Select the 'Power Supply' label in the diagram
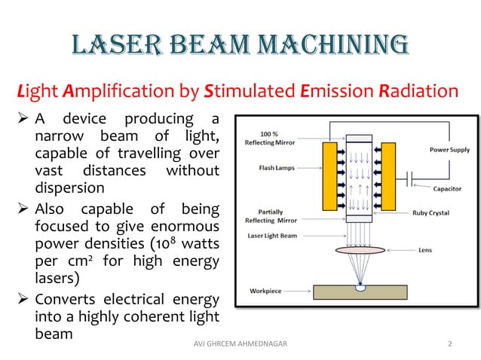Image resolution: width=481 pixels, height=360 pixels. tap(450, 150)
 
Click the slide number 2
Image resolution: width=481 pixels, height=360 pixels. tap(449, 344)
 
